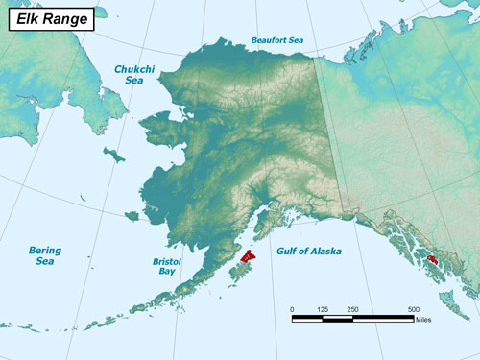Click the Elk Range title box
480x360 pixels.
(51, 17)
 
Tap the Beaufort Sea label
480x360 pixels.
(277, 40)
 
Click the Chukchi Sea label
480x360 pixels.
(133, 75)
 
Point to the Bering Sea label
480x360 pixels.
(44, 255)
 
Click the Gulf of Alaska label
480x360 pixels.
(310, 251)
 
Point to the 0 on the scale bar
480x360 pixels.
(292, 308)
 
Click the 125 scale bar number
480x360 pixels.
(323, 308)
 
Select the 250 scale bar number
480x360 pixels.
(352, 308)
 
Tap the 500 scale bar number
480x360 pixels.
(413, 308)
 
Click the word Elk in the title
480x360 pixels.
(27, 17)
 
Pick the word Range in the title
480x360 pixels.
(63, 17)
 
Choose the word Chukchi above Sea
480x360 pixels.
(133, 69)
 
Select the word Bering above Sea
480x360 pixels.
(44, 250)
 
